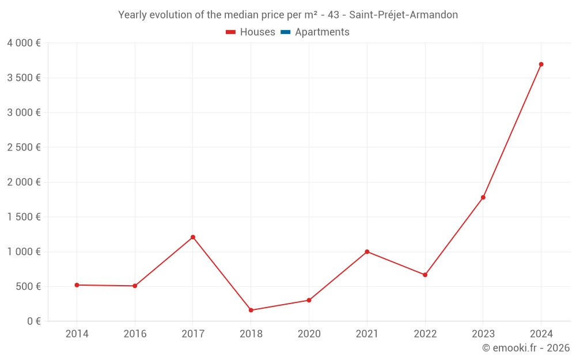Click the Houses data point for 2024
click(x=541, y=65)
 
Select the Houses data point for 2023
click(x=483, y=198)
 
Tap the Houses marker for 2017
click(x=193, y=237)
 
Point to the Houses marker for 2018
click(x=251, y=310)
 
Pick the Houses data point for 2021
click(x=367, y=252)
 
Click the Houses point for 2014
click(x=77, y=285)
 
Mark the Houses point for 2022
click(x=425, y=275)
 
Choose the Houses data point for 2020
click(x=309, y=300)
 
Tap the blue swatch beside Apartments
click(x=286, y=32)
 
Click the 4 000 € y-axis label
click(x=24, y=43)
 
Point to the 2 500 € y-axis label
click(x=24, y=147)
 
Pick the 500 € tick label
click(x=28, y=286)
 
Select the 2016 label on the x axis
click(x=135, y=334)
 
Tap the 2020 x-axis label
click(x=309, y=334)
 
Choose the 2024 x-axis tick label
click(x=541, y=334)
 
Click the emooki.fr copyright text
click(x=526, y=348)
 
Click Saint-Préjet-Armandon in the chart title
click(x=403, y=15)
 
